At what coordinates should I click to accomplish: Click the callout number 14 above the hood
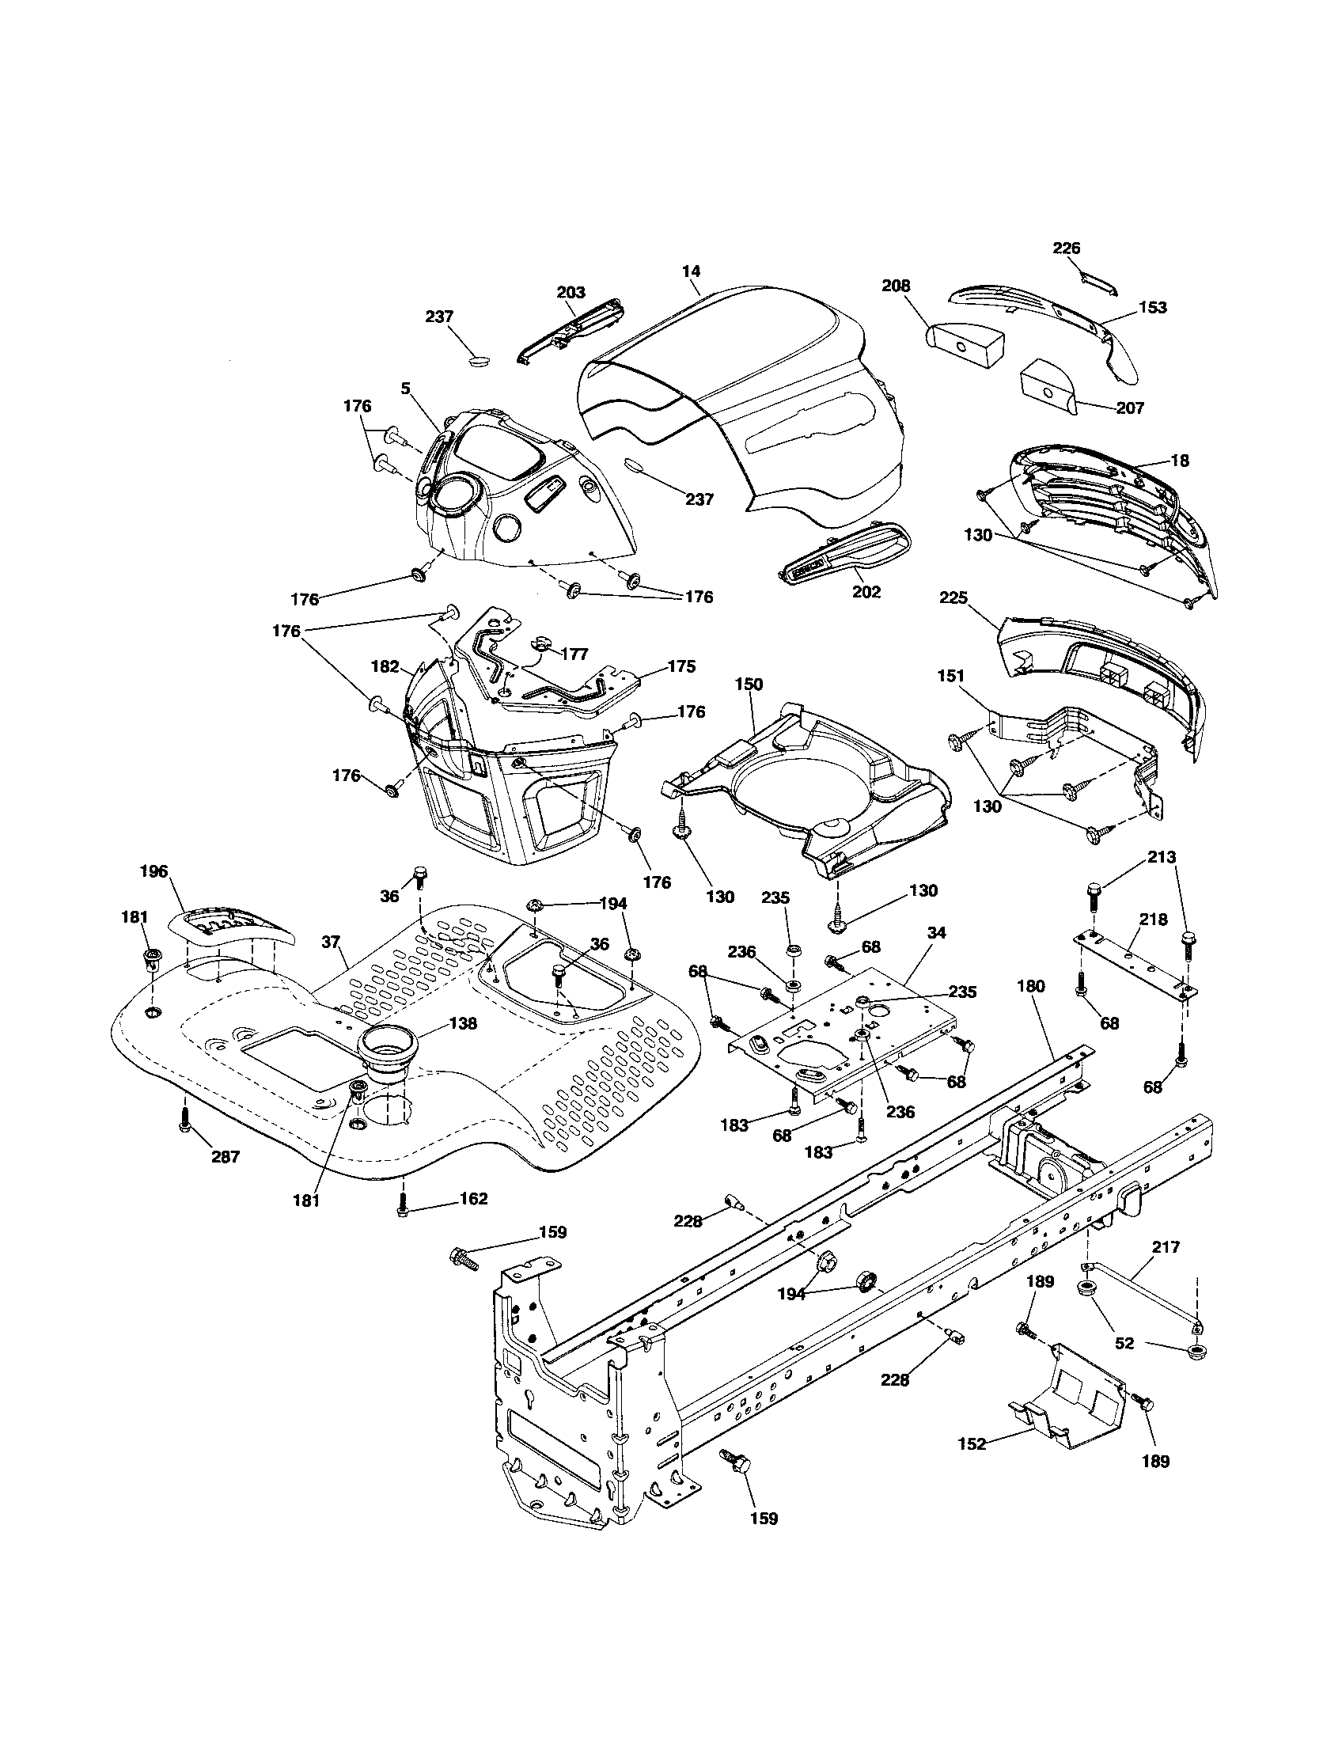(x=691, y=271)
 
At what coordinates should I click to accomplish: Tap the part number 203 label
(x=571, y=292)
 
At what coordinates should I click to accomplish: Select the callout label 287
(x=225, y=1157)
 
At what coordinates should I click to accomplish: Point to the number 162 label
(x=473, y=1198)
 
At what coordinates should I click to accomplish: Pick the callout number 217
(x=1166, y=1246)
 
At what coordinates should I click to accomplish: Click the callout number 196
(x=153, y=871)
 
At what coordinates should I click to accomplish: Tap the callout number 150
(x=749, y=684)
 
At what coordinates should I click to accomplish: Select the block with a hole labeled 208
(x=963, y=343)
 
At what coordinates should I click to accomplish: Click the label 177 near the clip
(x=574, y=654)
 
